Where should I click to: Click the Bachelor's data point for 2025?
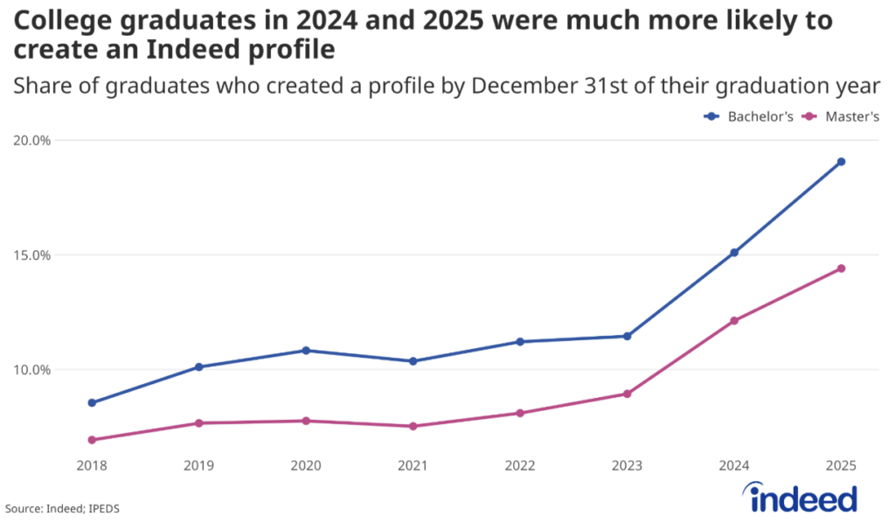tap(841, 162)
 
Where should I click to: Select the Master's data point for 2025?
tap(841, 268)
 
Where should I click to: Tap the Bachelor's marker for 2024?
tap(734, 253)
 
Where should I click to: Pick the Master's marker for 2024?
tap(734, 321)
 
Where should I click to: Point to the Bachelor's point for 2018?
tap(92, 403)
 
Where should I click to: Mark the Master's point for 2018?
tap(92, 440)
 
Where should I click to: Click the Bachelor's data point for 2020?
tap(306, 351)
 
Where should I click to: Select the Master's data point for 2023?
tap(627, 394)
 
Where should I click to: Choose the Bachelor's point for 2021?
tap(413, 361)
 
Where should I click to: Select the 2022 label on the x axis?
tap(520, 467)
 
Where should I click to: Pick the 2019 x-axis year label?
tap(199, 467)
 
